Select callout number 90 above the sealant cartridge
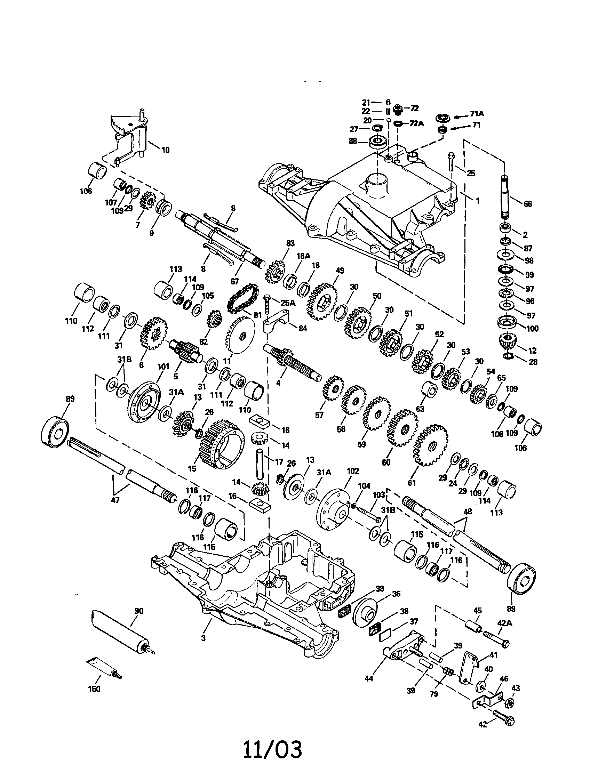point(139,611)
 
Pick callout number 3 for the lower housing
point(203,638)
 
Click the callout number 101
point(163,367)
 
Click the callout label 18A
point(303,256)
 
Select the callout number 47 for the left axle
point(115,500)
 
